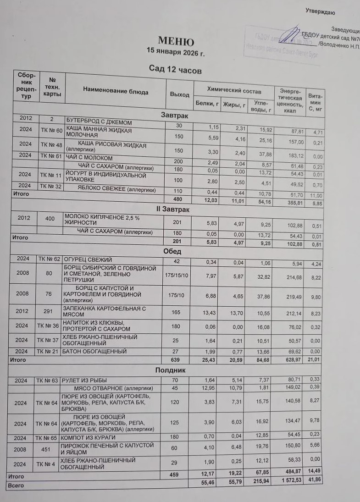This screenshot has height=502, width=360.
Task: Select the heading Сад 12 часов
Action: coord(175,70)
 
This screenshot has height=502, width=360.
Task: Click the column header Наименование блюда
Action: coord(116,92)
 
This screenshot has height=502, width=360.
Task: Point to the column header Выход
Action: coord(179,94)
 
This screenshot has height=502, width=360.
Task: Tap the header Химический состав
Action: coord(234,91)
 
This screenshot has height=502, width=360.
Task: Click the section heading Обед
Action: coord(172,251)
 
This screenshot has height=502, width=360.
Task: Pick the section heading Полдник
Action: coord(171,370)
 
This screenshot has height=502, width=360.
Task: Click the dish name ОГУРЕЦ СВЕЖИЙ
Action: coord(88,260)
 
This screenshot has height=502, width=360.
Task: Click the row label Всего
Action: coord(16,485)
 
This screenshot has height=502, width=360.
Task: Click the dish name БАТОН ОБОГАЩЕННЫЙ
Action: coord(94,351)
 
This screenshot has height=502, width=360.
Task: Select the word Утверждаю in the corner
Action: coord(321,12)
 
